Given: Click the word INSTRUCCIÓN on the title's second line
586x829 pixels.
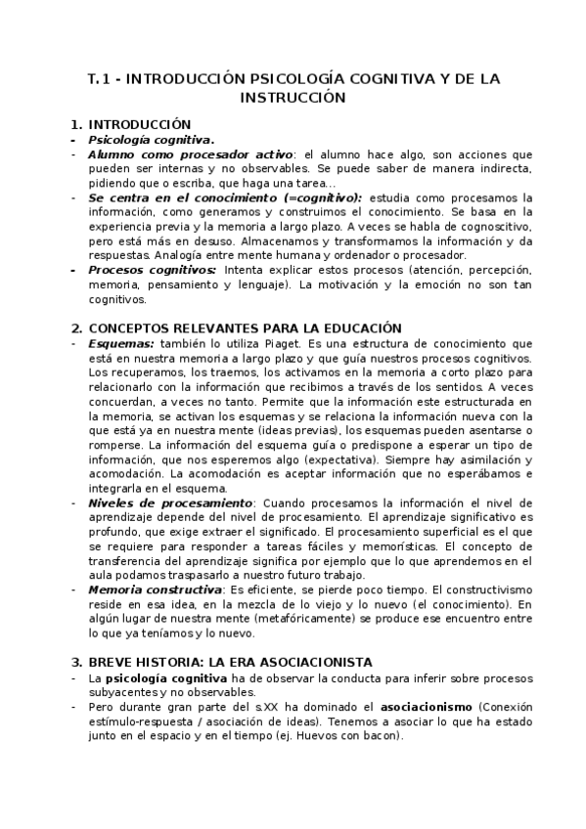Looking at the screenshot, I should click(x=293, y=98).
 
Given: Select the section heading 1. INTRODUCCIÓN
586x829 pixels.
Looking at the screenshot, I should click(x=129, y=124).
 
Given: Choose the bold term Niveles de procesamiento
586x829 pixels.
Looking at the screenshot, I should click(x=156, y=502).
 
